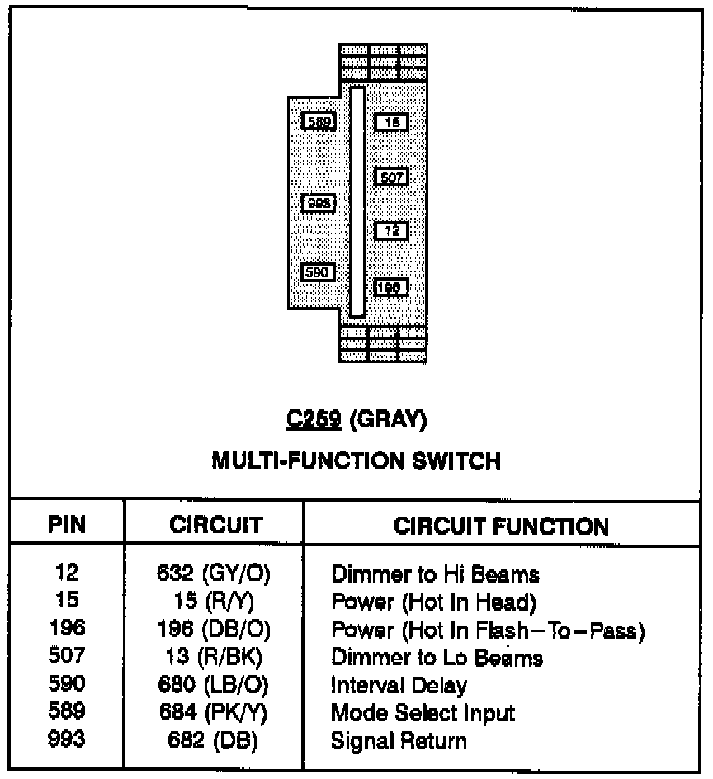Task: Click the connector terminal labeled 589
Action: coord(318,122)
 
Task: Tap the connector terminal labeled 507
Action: coord(391,177)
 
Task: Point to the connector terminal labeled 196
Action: coord(391,286)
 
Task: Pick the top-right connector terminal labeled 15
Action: coord(391,122)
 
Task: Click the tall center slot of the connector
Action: coord(356,201)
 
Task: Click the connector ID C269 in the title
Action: coord(314,421)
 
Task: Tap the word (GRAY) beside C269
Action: coord(388,421)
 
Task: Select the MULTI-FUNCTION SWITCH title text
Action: coord(356,460)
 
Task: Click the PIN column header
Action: coord(67,525)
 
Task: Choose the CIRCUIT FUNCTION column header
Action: coord(501,526)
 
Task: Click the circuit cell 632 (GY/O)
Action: coord(214,573)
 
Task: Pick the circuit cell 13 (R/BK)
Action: coord(214,657)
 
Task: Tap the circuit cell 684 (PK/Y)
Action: coord(214,712)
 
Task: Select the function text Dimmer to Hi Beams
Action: coord(435,573)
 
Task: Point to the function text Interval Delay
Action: coord(399,685)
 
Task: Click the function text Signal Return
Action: coord(399,740)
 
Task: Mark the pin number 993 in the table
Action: coord(67,740)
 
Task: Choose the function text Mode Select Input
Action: coord(423,712)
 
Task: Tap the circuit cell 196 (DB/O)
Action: coord(214,629)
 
